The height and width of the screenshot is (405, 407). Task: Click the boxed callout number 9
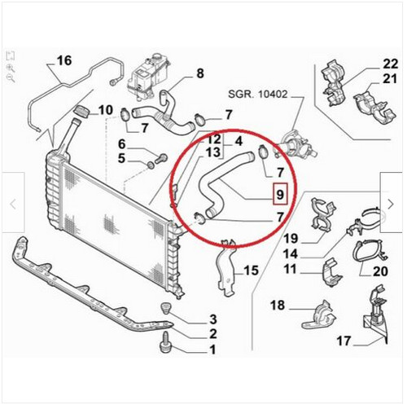pyautogui.click(x=280, y=195)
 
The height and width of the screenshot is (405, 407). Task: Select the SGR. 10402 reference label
pyautogui.click(x=257, y=95)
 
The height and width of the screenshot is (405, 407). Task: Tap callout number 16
pyautogui.click(x=64, y=60)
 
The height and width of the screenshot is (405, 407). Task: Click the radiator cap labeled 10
pyautogui.click(x=81, y=112)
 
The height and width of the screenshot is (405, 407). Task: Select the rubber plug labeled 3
pyautogui.click(x=166, y=308)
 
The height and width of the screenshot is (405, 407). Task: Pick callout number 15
pyautogui.click(x=251, y=271)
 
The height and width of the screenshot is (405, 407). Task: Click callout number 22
pyautogui.click(x=391, y=64)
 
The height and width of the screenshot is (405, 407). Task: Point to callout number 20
pyautogui.click(x=380, y=271)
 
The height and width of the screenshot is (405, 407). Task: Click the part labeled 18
pyautogui.click(x=319, y=315)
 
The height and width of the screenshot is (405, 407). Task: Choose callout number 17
pyautogui.click(x=344, y=341)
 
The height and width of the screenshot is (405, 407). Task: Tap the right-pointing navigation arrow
pyautogui.click(x=391, y=205)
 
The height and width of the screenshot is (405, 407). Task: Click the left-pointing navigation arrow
pyautogui.click(x=13, y=205)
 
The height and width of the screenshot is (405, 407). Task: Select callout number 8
pyautogui.click(x=200, y=73)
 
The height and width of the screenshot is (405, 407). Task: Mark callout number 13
pyautogui.click(x=213, y=152)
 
